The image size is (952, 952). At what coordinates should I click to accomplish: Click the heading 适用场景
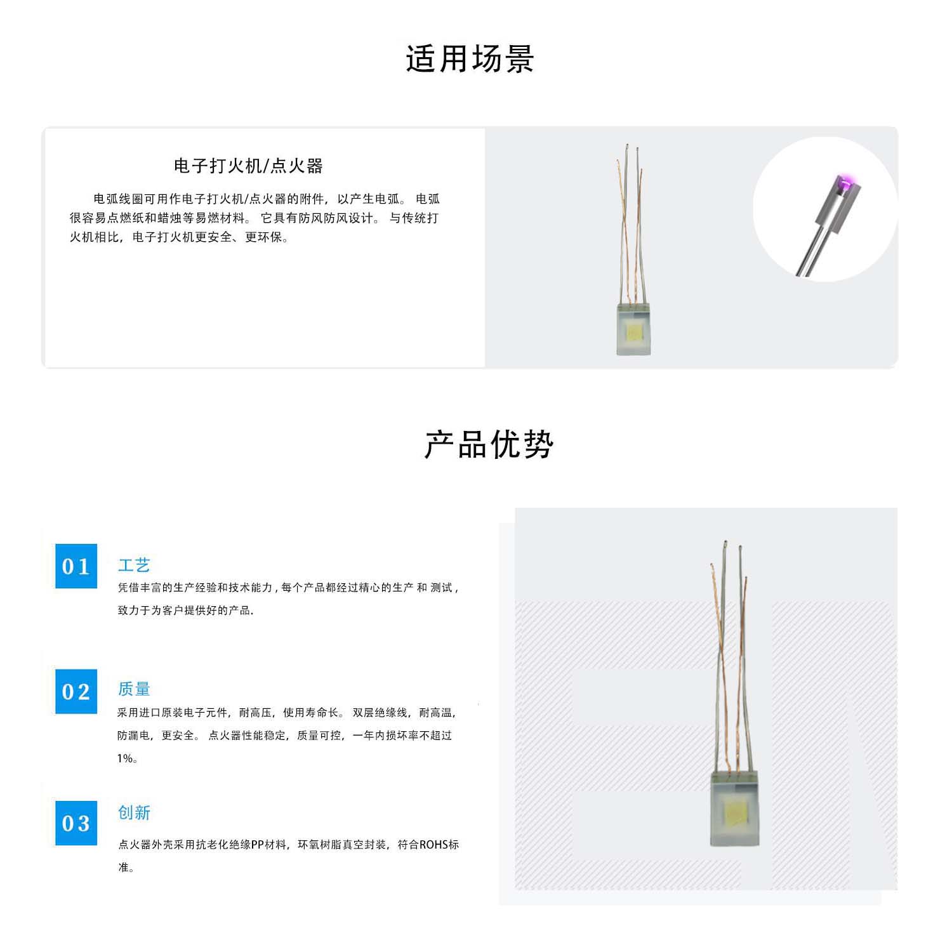(x=470, y=60)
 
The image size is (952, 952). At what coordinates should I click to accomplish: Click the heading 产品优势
(x=489, y=444)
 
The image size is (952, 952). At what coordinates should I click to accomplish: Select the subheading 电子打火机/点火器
(x=248, y=166)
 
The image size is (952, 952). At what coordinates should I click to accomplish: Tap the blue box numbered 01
(x=76, y=565)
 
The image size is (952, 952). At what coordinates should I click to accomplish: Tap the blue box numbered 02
(x=76, y=691)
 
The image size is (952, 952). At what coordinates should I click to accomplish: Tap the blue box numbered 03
(x=76, y=823)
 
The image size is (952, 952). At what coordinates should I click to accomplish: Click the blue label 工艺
(x=134, y=565)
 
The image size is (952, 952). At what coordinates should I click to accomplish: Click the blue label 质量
(x=134, y=689)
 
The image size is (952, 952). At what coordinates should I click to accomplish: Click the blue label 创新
(x=134, y=812)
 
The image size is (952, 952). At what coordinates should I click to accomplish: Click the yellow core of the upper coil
(x=634, y=331)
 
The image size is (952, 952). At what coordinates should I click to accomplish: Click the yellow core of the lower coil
(x=735, y=812)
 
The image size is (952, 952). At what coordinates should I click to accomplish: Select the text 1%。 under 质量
(x=127, y=758)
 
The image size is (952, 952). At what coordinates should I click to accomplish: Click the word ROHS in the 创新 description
(x=434, y=845)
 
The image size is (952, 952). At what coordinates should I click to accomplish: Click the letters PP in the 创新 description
(x=258, y=845)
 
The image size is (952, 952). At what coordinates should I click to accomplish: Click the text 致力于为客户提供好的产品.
(x=185, y=611)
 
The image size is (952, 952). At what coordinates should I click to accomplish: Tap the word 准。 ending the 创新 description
(x=126, y=868)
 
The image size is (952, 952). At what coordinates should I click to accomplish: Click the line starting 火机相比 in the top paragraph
(x=179, y=237)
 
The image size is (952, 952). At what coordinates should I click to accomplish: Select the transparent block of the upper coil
(x=634, y=330)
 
